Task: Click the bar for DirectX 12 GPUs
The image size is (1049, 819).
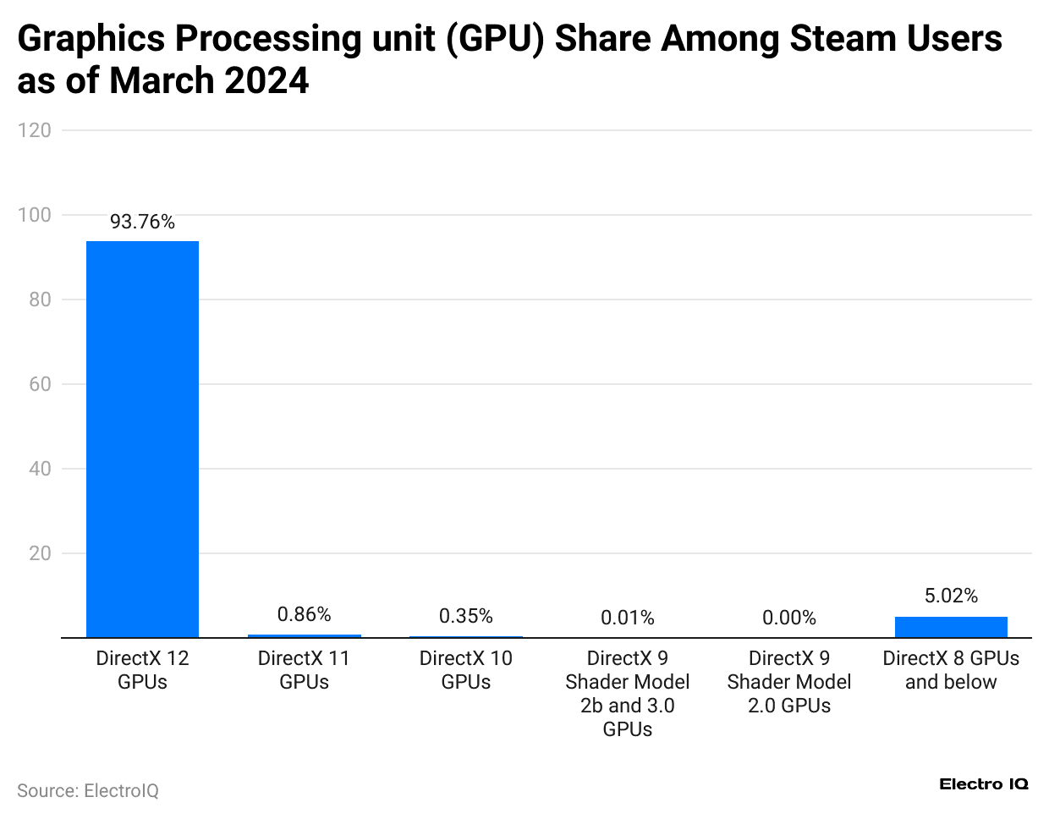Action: click(142, 439)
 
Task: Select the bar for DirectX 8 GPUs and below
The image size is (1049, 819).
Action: click(951, 627)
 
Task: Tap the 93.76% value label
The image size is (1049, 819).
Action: click(142, 222)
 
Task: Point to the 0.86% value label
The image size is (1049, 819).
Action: click(304, 614)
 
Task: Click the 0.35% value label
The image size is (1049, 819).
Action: click(465, 616)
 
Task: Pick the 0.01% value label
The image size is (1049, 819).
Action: click(627, 618)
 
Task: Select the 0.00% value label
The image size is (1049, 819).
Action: click(788, 618)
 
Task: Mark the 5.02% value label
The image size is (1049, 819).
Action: click(951, 596)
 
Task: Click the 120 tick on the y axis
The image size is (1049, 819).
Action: click(35, 130)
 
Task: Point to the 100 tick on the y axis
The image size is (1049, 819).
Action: click(35, 215)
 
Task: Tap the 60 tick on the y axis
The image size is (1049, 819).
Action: click(40, 384)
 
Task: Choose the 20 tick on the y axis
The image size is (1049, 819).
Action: click(40, 553)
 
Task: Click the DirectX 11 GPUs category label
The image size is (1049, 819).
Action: click(304, 670)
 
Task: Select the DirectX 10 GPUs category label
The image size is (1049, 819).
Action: click(465, 670)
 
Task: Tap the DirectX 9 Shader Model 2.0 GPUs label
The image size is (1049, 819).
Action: click(788, 682)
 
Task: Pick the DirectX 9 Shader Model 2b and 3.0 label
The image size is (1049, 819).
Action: click(627, 694)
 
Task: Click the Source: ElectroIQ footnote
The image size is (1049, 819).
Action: click(88, 791)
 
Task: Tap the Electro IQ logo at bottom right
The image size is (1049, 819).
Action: click(984, 784)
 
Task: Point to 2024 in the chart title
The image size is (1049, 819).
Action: click(266, 81)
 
